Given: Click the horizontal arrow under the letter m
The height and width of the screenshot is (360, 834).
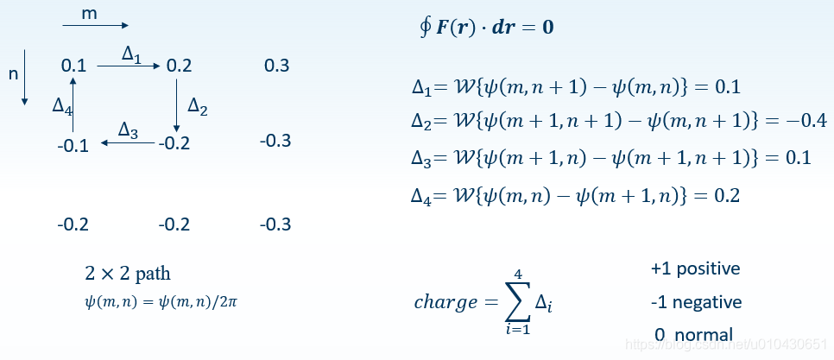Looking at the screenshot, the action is (x=95, y=27).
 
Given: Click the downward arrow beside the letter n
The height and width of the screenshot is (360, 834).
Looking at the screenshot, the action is (x=25, y=77).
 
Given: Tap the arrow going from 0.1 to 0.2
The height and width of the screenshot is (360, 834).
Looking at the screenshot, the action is (x=128, y=65).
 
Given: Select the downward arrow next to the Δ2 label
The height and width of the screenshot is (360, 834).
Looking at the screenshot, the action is (x=177, y=104).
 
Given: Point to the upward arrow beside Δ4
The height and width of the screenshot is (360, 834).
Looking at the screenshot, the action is (x=74, y=104).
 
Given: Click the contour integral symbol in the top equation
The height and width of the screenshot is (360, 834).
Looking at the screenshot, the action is (x=424, y=26).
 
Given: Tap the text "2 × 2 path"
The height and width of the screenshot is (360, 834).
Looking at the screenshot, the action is (x=127, y=274).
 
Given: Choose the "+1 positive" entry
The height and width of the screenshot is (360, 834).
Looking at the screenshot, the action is (x=695, y=268).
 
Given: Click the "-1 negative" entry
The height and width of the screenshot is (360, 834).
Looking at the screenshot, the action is (x=696, y=302).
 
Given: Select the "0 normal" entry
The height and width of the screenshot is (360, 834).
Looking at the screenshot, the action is (x=694, y=334).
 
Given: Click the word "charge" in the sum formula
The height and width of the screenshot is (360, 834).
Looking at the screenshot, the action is (x=445, y=302).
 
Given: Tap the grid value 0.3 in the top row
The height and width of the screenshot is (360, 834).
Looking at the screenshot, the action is (x=276, y=66).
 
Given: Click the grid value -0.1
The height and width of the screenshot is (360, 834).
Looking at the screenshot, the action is (x=73, y=145).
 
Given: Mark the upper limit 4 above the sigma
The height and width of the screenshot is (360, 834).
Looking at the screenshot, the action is (x=518, y=275).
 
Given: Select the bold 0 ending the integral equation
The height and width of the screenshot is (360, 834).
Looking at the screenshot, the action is (x=548, y=27).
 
